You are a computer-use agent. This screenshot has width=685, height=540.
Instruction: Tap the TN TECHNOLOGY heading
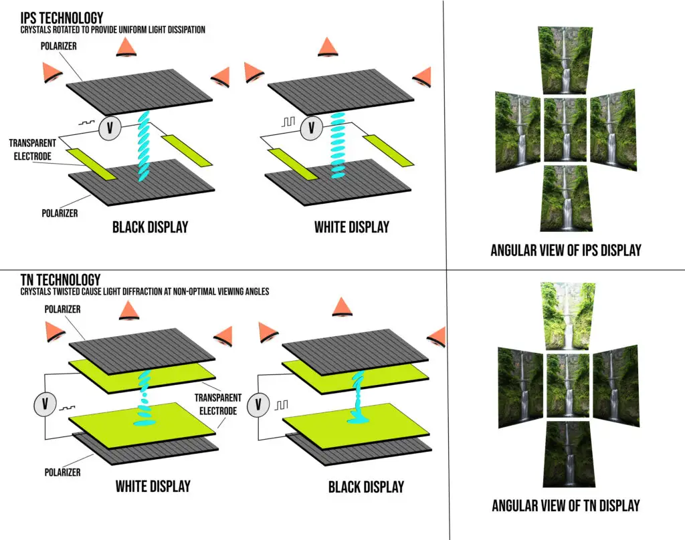pyautogui.click(x=52, y=279)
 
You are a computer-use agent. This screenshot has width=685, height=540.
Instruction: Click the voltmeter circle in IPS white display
pyautogui.click(x=310, y=128)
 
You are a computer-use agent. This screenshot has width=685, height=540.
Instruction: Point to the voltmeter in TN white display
pyautogui.click(x=45, y=403)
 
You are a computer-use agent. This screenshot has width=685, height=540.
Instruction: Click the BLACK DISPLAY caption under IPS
pyautogui.click(x=150, y=227)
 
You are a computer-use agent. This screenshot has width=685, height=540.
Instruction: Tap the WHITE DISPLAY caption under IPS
pyautogui.click(x=351, y=227)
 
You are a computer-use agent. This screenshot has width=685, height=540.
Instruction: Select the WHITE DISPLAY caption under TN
pyautogui.click(x=153, y=485)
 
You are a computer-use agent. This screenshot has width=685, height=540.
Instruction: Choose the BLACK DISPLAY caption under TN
pyautogui.click(x=366, y=487)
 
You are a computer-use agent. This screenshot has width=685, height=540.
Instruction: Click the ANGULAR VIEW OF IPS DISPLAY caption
pyautogui.click(x=565, y=250)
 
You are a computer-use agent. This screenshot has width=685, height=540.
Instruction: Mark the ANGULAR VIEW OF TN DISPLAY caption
pyautogui.click(x=565, y=505)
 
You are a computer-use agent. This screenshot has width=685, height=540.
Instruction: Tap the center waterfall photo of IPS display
pyautogui.click(x=566, y=130)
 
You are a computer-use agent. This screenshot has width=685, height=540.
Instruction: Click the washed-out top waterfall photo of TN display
pyautogui.click(x=566, y=316)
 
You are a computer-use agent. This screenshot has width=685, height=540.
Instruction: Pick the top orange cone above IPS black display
pyautogui.click(x=125, y=47)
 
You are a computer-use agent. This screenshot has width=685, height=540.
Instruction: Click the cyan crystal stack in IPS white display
pyautogui.click(x=338, y=144)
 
